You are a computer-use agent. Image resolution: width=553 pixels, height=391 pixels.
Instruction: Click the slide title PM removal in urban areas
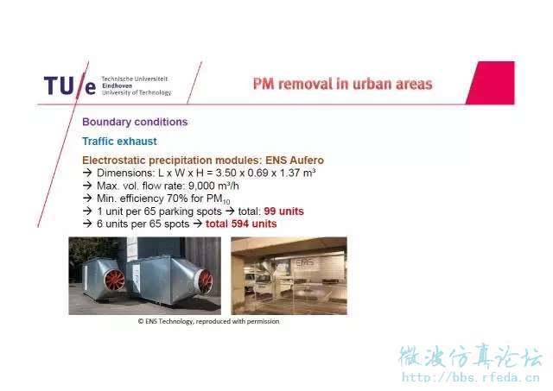(342, 85)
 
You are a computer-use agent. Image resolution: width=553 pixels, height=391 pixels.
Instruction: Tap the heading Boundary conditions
(135, 122)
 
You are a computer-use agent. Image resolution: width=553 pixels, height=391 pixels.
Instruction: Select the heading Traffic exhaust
(119, 142)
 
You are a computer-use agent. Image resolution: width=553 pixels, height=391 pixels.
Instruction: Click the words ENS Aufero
(295, 161)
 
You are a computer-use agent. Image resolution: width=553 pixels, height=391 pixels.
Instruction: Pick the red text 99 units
(283, 211)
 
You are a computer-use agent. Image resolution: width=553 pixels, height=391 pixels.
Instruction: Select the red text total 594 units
(241, 224)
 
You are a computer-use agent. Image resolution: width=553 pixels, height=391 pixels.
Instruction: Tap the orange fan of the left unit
(114, 280)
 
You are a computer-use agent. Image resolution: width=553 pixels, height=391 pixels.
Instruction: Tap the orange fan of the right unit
(206, 281)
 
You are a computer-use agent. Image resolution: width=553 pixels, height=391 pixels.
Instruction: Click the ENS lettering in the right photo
(304, 262)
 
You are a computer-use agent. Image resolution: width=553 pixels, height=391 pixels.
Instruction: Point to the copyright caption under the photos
(208, 321)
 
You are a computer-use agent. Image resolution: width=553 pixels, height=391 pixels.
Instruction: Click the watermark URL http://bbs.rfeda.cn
(471, 377)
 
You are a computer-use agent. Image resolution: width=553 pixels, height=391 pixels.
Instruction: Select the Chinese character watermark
(470, 356)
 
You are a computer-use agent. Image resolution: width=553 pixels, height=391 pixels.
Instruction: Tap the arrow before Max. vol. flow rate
(87, 186)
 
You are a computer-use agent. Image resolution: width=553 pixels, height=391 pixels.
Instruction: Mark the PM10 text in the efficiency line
(218, 199)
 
